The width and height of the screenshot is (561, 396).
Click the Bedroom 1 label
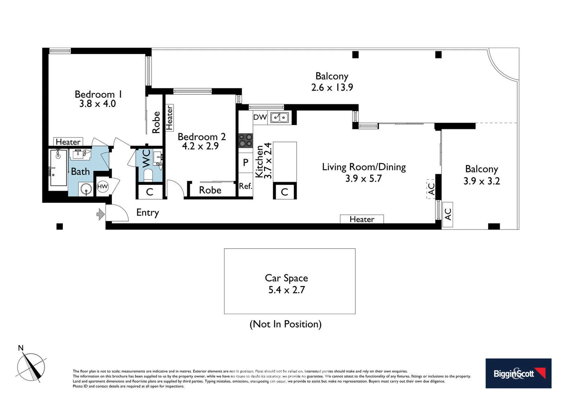point(98,94)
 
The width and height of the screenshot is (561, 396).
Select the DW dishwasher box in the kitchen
point(260,117)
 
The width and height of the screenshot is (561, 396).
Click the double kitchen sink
point(279,117)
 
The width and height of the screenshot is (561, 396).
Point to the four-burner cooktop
point(246,140)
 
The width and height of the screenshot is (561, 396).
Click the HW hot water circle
point(102,187)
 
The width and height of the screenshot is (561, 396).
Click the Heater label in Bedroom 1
point(68,142)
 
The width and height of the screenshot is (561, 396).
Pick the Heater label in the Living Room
point(362,219)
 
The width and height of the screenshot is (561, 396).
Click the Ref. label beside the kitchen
point(245,186)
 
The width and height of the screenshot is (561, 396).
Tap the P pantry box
point(246,162)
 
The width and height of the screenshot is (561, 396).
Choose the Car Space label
point(286,278)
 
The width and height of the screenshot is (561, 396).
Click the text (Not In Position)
point(285,324)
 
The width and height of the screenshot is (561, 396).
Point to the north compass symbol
point(31,367)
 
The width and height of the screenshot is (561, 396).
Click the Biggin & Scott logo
point(518,373)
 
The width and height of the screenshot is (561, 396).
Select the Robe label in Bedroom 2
point(210,190)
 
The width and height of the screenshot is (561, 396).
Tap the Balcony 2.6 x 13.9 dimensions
point(332,88)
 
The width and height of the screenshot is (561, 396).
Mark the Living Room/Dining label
point(363,167)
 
